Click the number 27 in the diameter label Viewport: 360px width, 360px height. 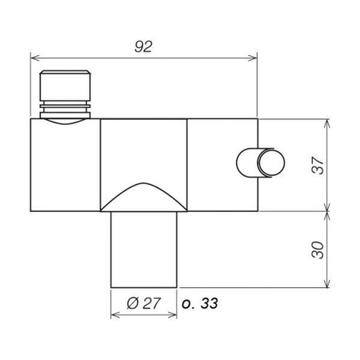(151, 304)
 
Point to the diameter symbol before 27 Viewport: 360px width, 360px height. (133, 304)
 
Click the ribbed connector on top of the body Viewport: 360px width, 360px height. (67, 94)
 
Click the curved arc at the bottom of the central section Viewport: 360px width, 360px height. (143, 192)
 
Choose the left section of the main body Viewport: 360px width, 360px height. (65, 168)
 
